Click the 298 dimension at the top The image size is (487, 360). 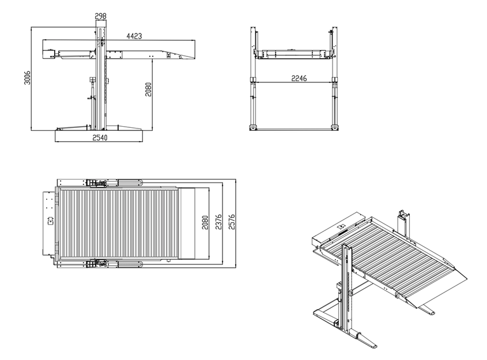pos(101,16)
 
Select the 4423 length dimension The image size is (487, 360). pos(134,36)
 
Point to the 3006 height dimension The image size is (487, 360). pos(27,78)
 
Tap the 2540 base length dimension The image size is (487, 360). pos(100,138)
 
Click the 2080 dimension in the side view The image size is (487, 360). pos(148,89)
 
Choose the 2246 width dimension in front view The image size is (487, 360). pos(299,78)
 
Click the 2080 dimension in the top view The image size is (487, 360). pos(205,222)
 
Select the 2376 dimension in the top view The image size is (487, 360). pos(218,222)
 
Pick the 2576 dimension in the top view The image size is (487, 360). pos(232,222)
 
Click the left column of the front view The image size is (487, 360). pos(253,78)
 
